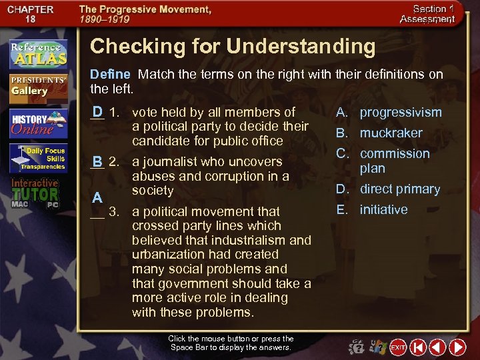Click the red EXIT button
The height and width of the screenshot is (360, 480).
pos(398,347)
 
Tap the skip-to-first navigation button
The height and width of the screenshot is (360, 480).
pos(418,347)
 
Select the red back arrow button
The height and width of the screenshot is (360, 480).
pos(437,347)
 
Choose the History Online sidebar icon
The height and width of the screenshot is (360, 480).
pos(37,123)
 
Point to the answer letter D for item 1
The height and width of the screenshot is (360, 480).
pos(97,111)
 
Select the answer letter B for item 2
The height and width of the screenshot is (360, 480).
pos(97,161)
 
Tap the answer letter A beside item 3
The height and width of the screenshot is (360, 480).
pos(97,197)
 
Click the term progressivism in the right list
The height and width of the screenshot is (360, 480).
pos(401,112)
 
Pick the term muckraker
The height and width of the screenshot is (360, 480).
pos(391,133)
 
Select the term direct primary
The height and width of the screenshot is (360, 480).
pos(400,189)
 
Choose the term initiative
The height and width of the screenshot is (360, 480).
pos(383,209)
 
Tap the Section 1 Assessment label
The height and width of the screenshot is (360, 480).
pos(427,14)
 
